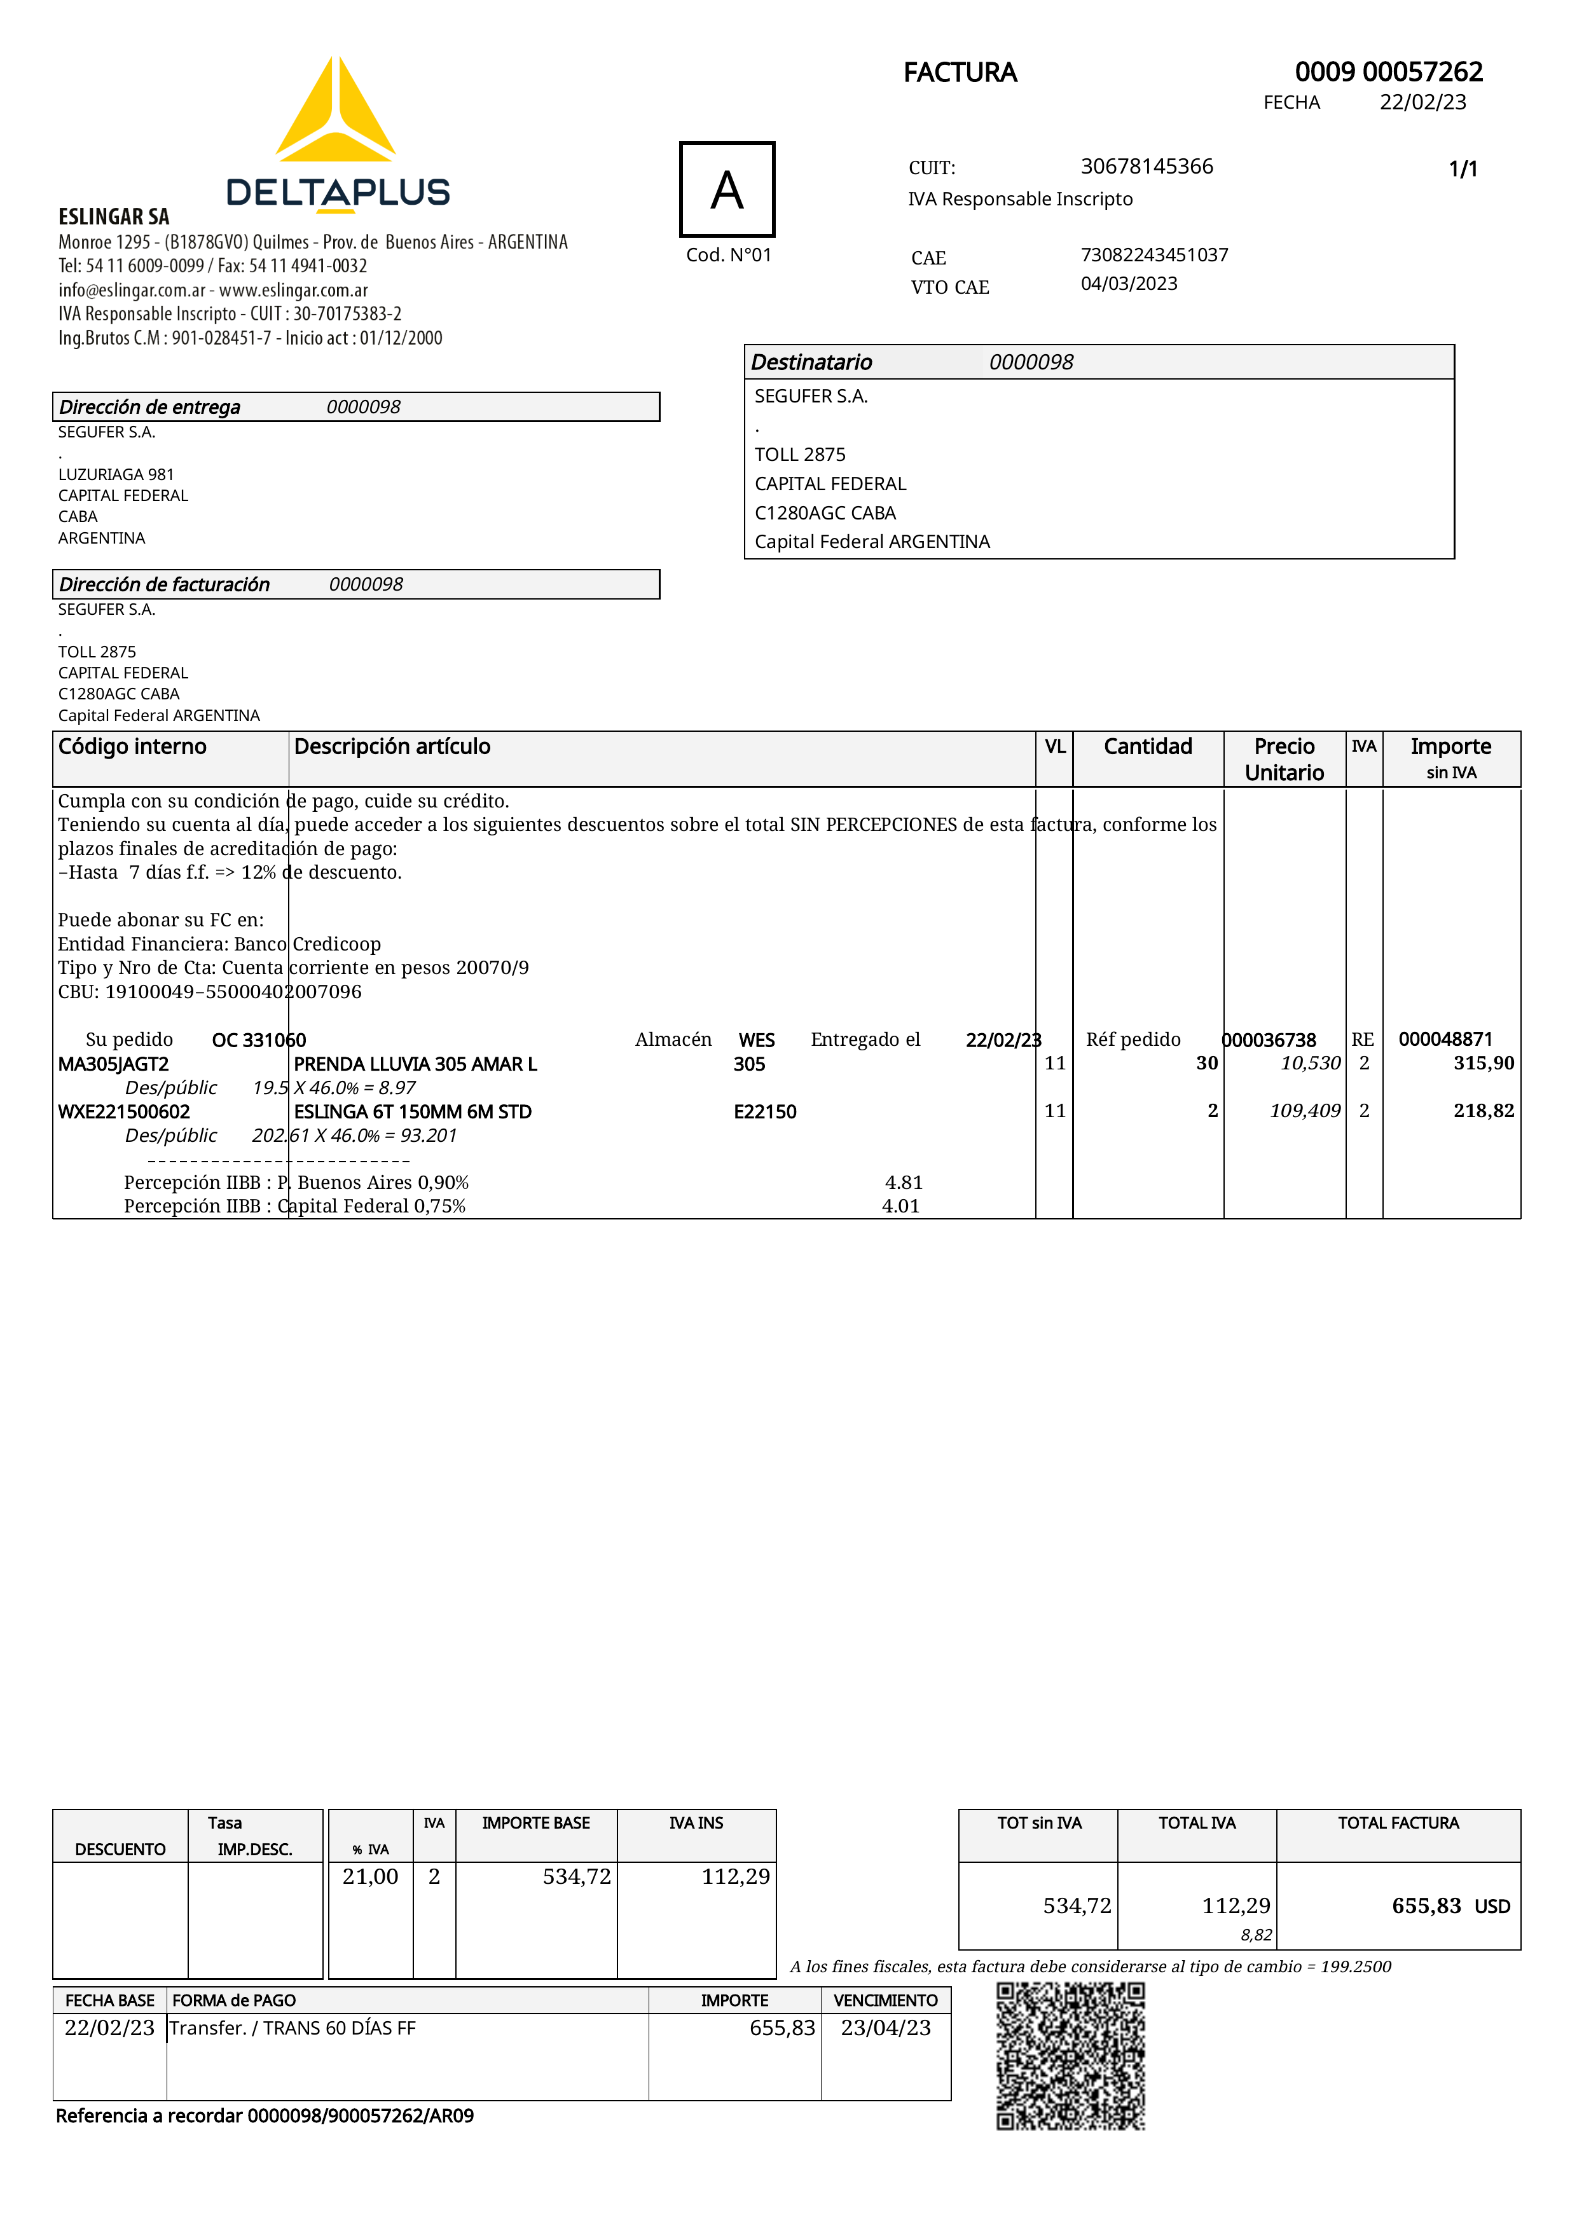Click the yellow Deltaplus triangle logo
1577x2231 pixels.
(x=335, y=112)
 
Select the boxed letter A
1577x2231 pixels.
(x=727, y=189)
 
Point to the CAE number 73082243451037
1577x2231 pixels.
(x=1153, y=254)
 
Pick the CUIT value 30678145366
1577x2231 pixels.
(x=1146, y=166)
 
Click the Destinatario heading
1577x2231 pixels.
(x=811, y=362)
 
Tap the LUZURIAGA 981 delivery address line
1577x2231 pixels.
(x=116, y=474)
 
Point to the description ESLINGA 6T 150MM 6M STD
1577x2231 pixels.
(x=412, y=1111)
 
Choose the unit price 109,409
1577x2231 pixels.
(x=1304, y=1111)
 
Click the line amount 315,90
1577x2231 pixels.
(x=1483, y=1063)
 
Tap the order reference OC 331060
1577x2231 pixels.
(x=258, y=1040)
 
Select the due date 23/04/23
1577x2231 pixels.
(x=885, y=2028)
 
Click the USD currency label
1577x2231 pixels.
(x=1492, y=1907)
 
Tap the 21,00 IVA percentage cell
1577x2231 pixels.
(x=370, y=1876)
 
